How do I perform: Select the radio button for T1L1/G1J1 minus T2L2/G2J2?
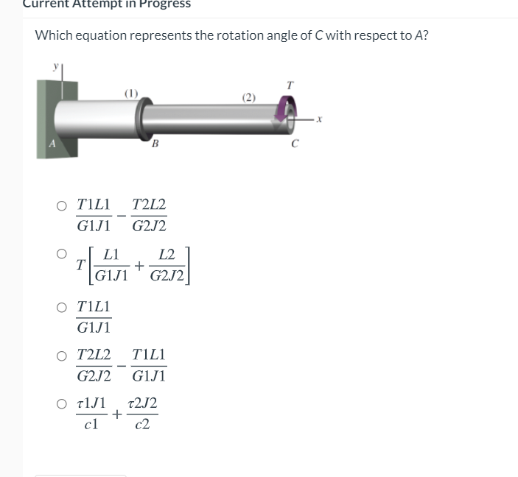pyautogui.click(x=63, y=206)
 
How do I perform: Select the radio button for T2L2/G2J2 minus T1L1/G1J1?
pyautogui.click(x=63, y=356)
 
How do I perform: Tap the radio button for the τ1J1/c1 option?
pyautogui.click(x=63, y=403)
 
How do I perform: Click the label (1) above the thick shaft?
pyautogui.click(x=130, y=92)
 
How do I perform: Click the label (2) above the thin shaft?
pyautogui.click(x=249, y=97)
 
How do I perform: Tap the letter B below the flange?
pyautogui.click(x=155, y=144)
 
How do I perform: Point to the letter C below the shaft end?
pyautogui.click(x=294, y=144)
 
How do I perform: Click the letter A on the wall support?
pyautogui.click(x=51, y=144)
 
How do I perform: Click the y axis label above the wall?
pyautogui.click(x=54, y=66)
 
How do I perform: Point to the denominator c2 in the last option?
pyautogui.click(x=142, y=425)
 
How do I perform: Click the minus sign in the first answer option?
pyautogui.click(x=121, y=216)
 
